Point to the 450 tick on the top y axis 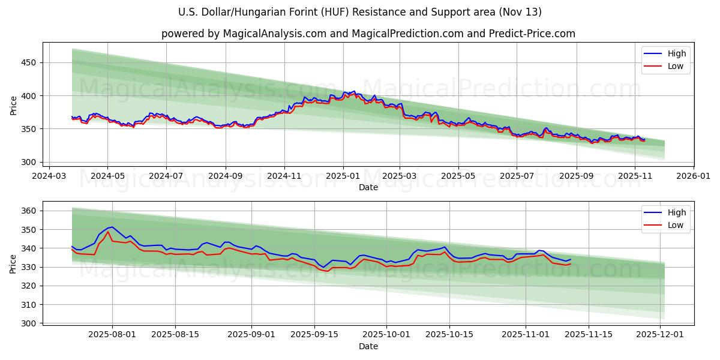pos(29,63)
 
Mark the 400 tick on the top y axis pos(29,96)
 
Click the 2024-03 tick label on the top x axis pos(49,176)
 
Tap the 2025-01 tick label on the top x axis pos(343,176)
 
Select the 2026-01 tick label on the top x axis pos(693,176)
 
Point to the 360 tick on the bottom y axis pos(29,211)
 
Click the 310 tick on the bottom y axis pos(29,305)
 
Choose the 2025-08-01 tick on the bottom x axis pos(112,334)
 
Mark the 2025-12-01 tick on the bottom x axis pos(661,334)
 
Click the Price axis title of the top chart pos(13,105)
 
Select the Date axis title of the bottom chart pos(368,346)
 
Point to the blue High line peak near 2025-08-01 pos(112,227)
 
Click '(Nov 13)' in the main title pos(521,12)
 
